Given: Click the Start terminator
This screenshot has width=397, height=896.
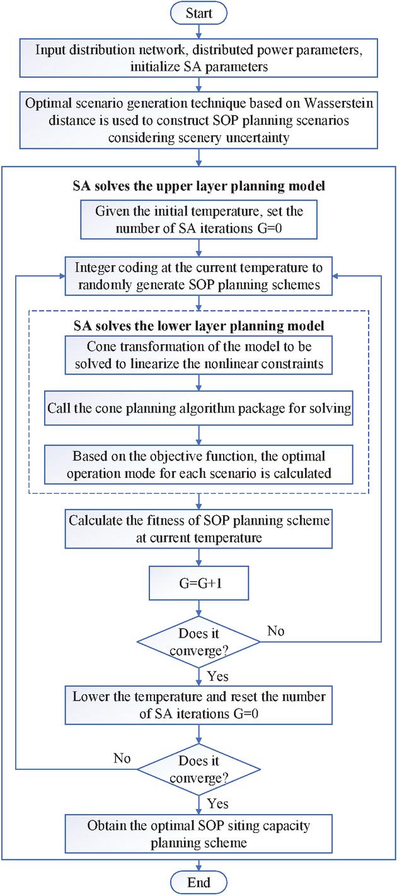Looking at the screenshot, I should click(x=198, y=13).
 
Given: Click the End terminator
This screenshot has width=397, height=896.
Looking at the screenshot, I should click(x=198, y=882).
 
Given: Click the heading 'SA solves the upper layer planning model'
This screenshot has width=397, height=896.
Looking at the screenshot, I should click(x=198, y=187).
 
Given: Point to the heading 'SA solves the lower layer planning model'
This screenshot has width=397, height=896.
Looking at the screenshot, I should click(x=198, y=326).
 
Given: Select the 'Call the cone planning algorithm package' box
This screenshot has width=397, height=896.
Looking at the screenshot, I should click(x=198, y=407).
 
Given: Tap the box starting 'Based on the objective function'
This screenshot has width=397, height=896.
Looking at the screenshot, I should click(x=198, y=464).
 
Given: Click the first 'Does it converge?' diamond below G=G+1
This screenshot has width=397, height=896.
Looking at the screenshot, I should click(x=198, y=642).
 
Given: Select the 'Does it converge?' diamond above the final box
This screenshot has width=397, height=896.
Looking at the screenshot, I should click(x=198, y=769).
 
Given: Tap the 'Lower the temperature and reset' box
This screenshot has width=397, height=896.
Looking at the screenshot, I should click(x=198, y=705).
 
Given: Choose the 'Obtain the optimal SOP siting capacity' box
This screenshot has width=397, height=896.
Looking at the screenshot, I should click(x=198, y=833).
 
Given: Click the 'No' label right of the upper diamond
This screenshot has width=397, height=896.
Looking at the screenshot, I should click(x=275, y=631).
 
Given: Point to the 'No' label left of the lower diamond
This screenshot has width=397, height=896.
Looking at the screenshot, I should click(x=122, y=758).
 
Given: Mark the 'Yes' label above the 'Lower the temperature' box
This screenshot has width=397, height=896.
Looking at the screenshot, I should click(x=217, y=677).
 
